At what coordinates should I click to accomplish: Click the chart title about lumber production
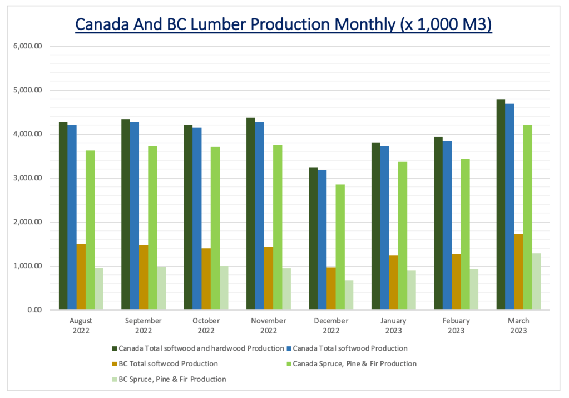[284, 24]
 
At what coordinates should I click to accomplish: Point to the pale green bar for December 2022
[349, 295]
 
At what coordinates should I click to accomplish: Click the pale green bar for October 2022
[224, 288]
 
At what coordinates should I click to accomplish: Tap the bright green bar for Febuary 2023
[464, 234]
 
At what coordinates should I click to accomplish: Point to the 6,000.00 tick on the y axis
[27, 46]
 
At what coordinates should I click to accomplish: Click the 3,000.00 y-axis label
[27, 178]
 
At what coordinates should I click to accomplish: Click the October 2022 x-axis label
[206, 326]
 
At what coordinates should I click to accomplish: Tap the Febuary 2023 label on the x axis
[456, 326]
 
